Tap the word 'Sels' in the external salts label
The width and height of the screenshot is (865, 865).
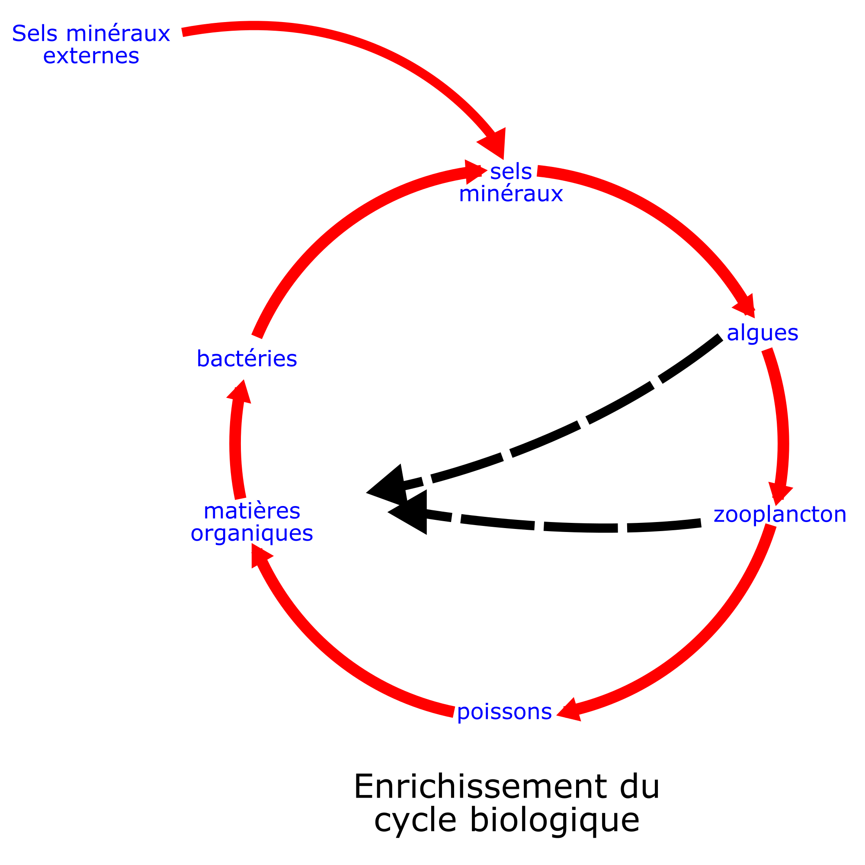(x=35, y=34)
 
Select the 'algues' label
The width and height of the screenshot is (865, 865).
(x=762, y=333)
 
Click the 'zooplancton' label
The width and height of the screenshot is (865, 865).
(x=780, y=514)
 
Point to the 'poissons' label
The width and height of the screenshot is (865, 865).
(x=504, y=711)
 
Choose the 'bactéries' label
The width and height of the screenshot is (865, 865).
(x=247, y=359)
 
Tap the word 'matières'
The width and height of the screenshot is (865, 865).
(x=252, y=511)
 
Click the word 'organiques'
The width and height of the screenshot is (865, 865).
(x=252, y=533)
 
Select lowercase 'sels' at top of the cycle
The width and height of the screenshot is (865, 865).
(x=511, y=171)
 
